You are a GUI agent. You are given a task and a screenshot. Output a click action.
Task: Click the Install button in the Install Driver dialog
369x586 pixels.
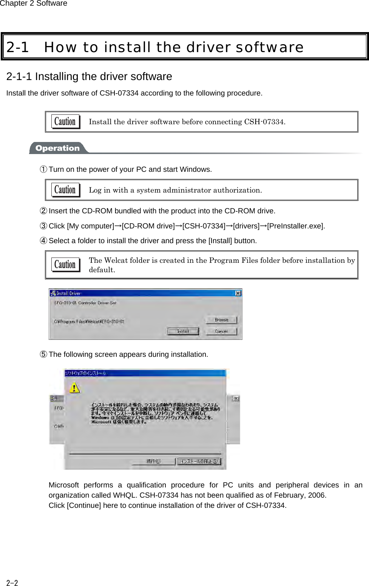[183, 331]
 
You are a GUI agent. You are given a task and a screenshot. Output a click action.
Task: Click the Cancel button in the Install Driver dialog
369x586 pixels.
[221, 331]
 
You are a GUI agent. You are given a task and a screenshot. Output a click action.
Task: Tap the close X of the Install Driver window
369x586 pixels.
[238, 293]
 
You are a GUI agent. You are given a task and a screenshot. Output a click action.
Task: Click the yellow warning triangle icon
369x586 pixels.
[75, 388]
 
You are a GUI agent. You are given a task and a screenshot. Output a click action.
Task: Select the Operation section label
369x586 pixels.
[57, 148]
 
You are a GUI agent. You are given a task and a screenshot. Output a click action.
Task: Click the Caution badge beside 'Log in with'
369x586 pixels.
[65, 190]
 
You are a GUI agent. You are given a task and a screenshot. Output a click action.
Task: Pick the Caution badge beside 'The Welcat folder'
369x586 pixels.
[65, 264]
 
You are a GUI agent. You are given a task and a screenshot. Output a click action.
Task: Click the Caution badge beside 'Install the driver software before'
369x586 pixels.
[65, 122]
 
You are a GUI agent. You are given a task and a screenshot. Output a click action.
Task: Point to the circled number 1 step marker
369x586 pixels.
[44, 169]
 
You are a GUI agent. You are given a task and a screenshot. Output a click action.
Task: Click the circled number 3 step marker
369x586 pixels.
[44, 226]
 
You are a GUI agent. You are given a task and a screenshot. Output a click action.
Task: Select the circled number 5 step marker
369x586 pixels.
[44, 354]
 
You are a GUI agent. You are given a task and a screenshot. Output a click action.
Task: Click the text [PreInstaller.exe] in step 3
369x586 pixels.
[295, 226]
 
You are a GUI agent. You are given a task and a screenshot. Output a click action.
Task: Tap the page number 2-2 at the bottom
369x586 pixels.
[12, 583]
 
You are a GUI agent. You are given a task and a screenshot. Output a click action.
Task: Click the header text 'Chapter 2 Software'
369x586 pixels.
[34, 3]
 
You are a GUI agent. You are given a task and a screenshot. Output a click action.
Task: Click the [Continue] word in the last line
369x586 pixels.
[84, 505]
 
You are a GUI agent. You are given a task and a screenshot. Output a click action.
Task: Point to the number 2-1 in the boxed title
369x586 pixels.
[18, 47]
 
